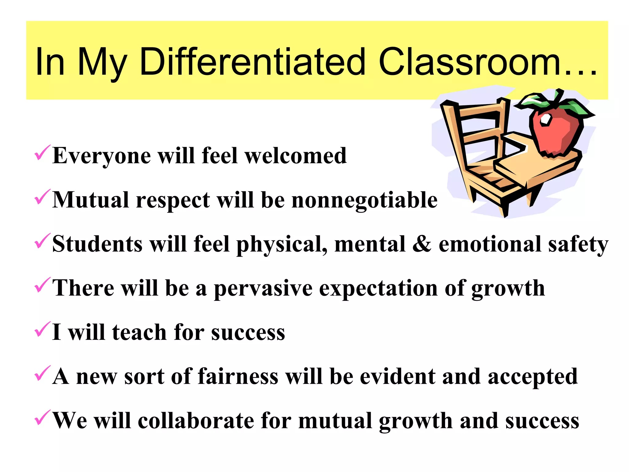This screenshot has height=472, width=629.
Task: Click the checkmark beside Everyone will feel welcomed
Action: coord(42,153)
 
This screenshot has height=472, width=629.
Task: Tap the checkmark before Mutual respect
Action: coord(42,197)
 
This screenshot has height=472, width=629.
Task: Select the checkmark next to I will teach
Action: coord(42,329)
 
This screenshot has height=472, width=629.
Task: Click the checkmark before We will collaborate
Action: coord(42,418)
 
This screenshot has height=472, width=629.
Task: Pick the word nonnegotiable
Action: coord(365,200)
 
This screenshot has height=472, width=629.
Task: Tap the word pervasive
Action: coord(263,289)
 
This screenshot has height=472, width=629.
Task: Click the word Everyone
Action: coord(102,156)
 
